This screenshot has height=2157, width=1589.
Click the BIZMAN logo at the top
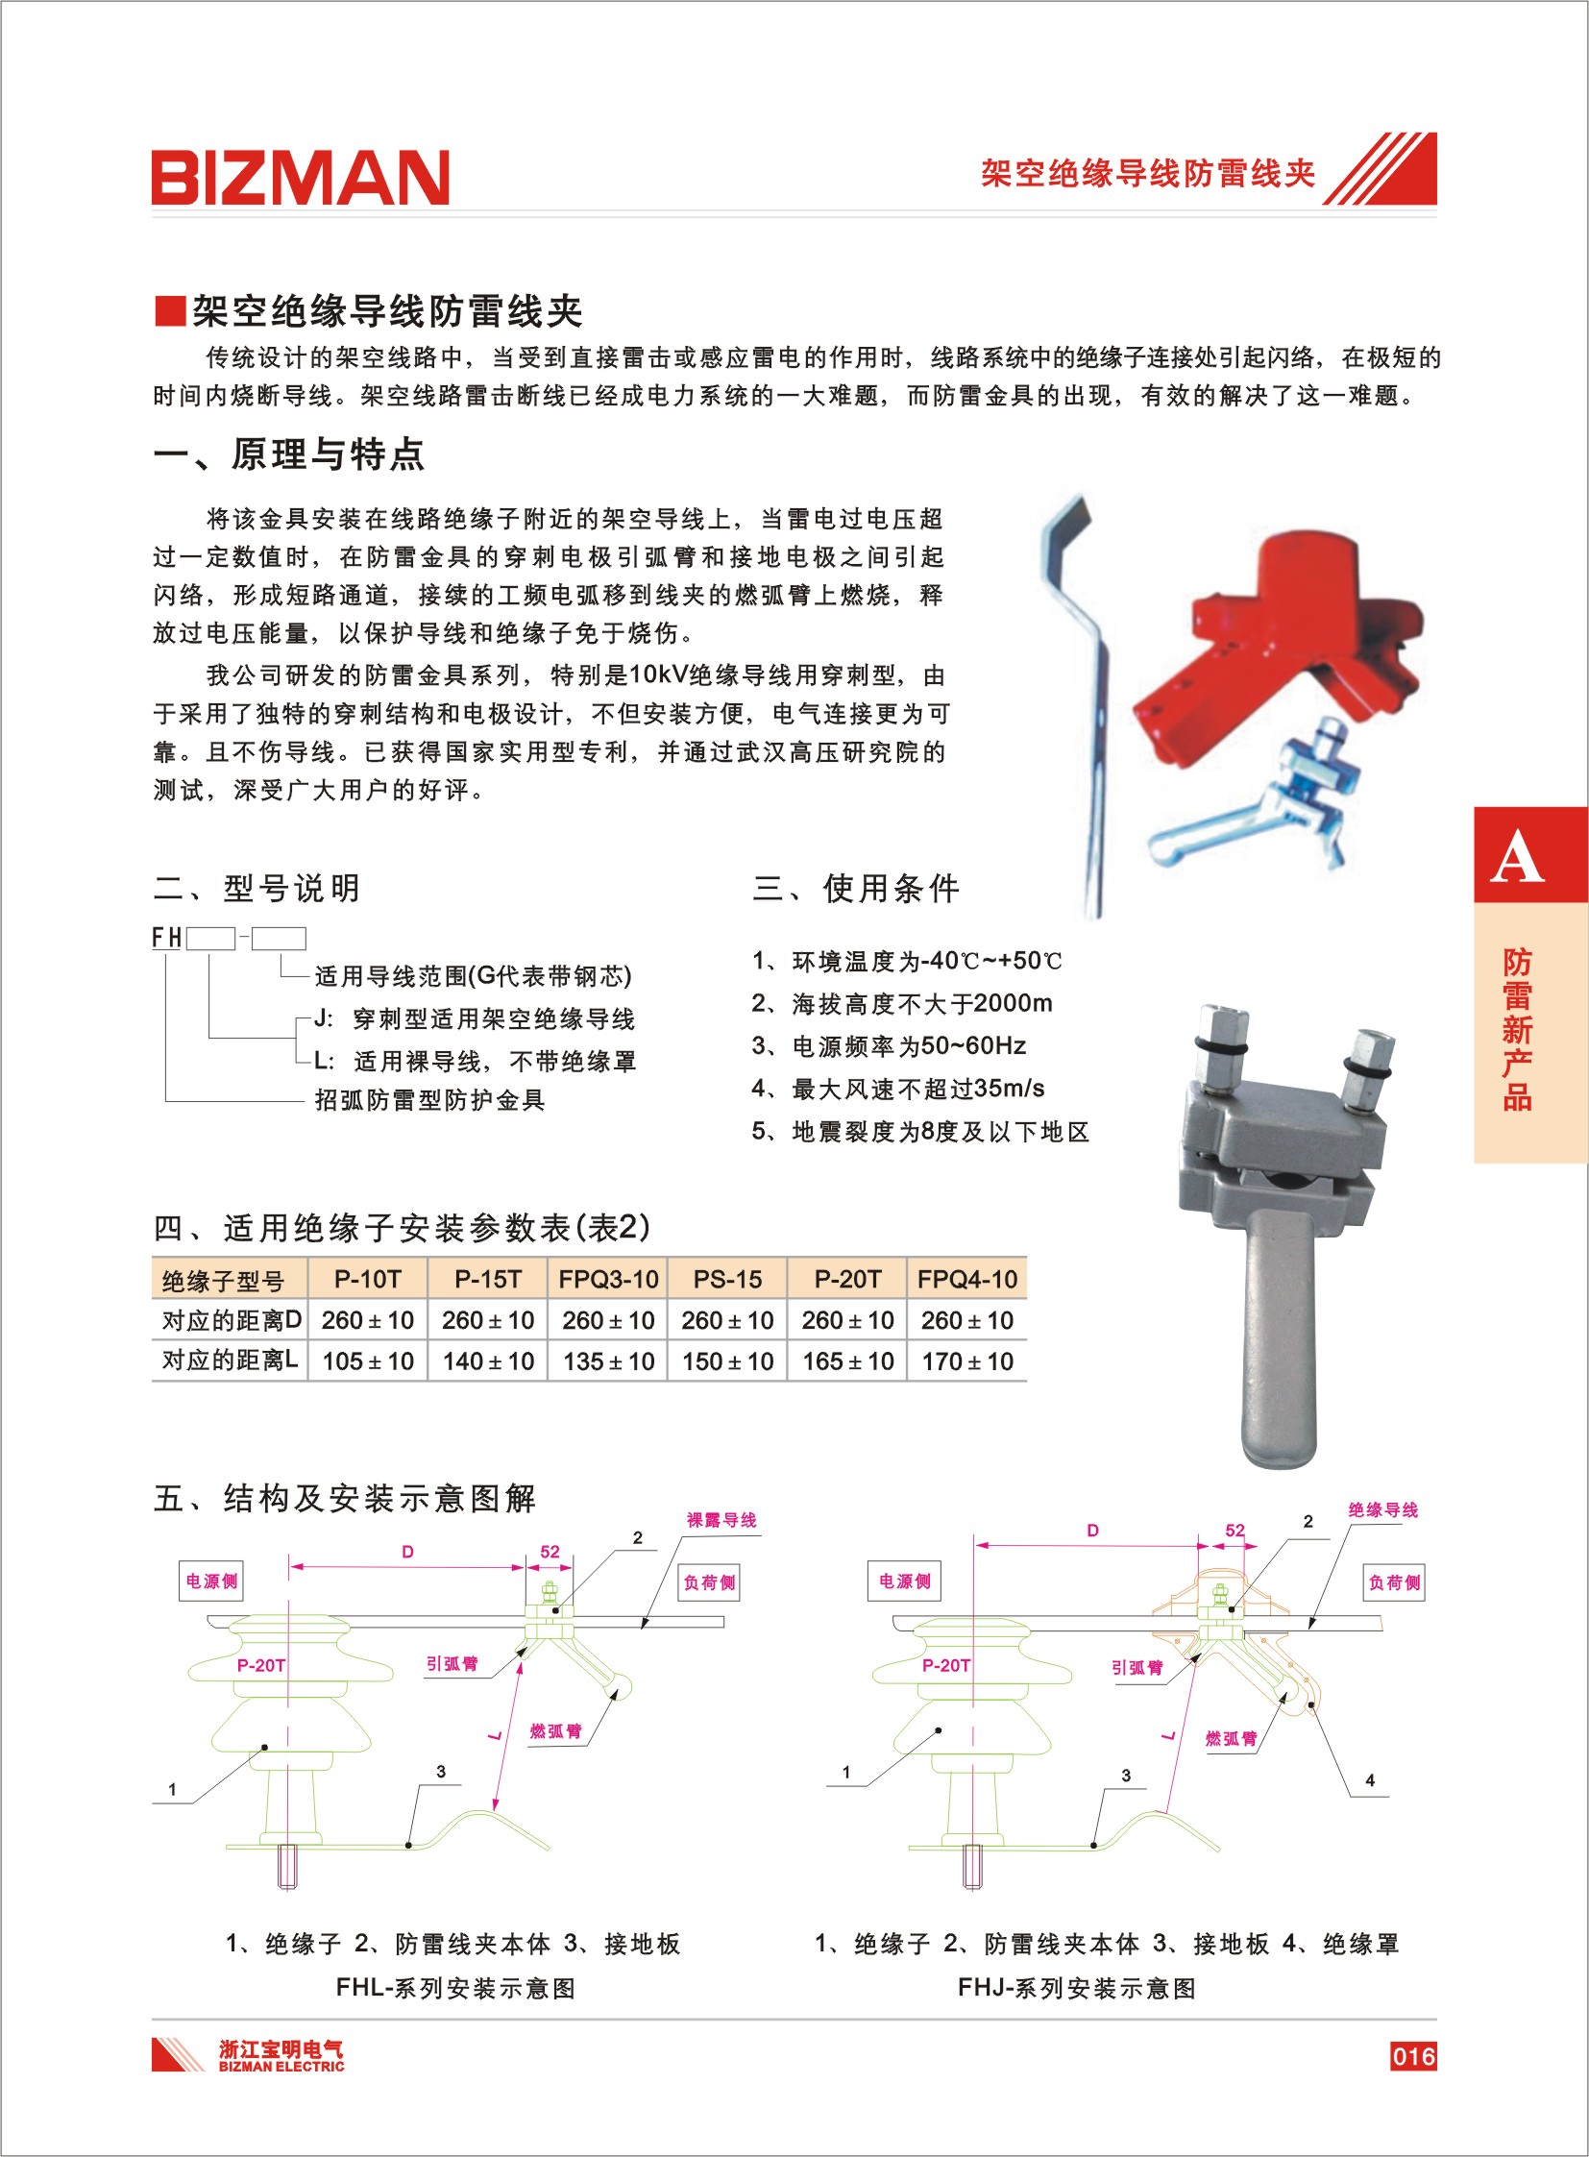[300, 177]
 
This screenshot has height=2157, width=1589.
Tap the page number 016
[1412, 2056]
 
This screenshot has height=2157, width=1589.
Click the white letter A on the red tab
[1517, 857]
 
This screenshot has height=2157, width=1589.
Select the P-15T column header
[488, 1280]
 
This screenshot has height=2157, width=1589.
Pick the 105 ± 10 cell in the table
[367, 1361]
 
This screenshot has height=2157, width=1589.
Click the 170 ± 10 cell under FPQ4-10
[966, 1361]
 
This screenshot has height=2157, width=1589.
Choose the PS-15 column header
[727, 1280]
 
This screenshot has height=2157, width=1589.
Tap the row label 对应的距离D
[231, 1320]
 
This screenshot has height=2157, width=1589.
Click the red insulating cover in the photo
[1280, 645]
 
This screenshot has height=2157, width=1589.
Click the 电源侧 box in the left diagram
[211, 1581]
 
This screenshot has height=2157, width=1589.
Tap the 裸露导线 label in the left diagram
[721, 1520]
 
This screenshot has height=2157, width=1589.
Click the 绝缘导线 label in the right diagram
[1383, 1509]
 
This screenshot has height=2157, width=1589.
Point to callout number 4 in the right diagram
[1370, 1779]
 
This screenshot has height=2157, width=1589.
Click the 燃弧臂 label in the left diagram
[556, 1730]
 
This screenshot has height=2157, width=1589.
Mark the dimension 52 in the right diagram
[1235, 1530]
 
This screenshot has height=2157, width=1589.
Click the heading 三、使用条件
[856, 888]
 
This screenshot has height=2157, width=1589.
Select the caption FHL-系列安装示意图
[455, 1988]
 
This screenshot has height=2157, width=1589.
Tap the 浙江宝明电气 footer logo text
[280, 2048]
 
